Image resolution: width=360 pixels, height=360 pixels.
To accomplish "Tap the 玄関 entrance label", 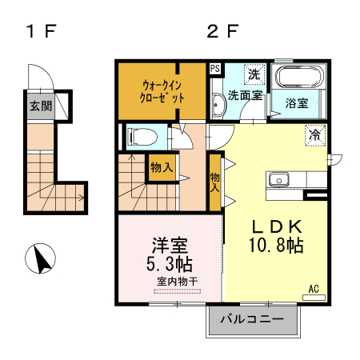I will tap(40, 105).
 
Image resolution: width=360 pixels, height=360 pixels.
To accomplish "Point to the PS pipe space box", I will tap(215, 69).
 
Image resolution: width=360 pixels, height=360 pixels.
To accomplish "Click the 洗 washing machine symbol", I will tap(254, 74).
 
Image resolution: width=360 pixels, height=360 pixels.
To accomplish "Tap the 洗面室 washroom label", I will tap(246, 95).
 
